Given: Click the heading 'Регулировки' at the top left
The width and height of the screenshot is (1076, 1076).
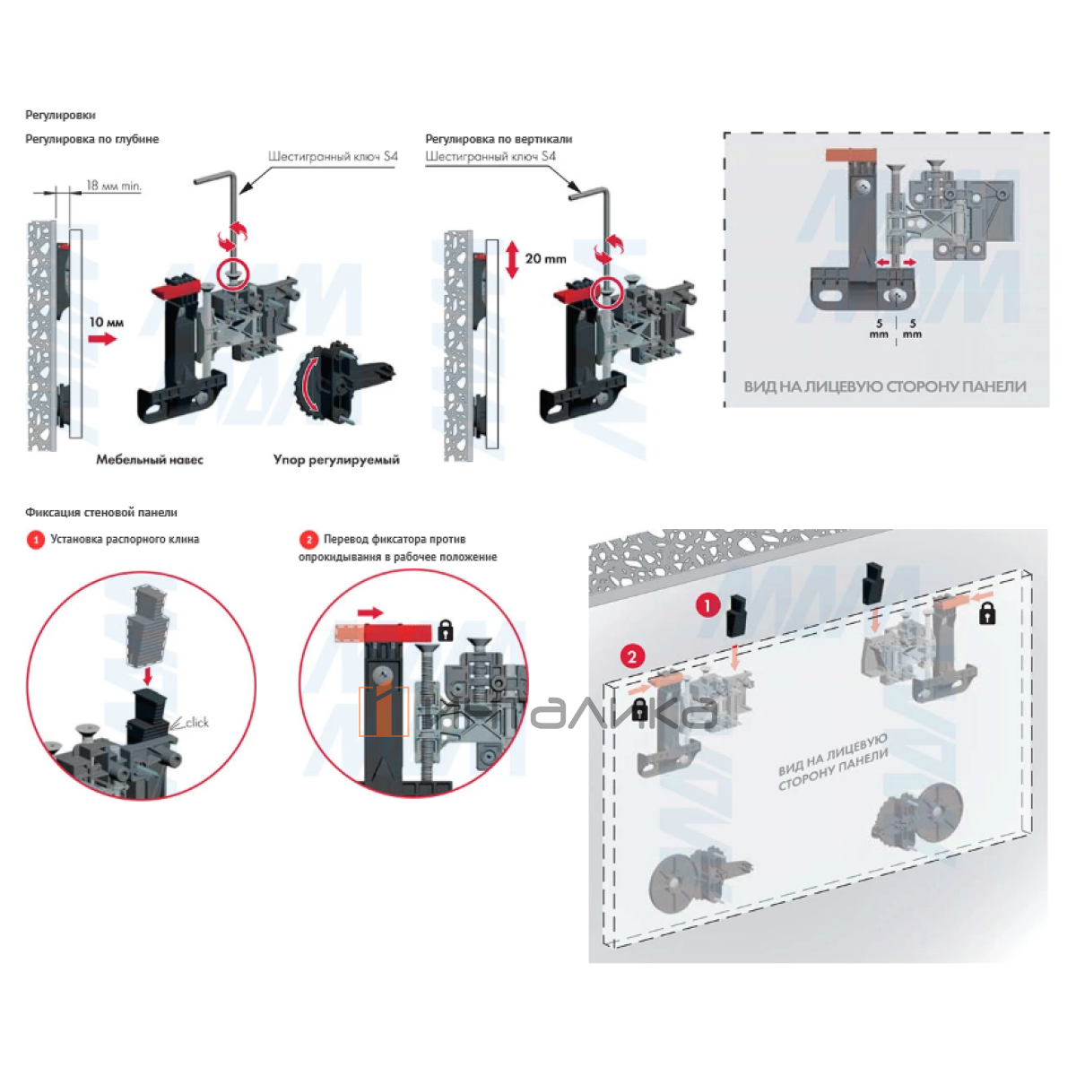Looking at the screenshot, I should coord(60,115).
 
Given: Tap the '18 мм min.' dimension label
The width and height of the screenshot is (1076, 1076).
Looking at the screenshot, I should coord(114,186).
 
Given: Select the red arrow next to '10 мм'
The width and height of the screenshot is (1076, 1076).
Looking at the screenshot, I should coord(103,339).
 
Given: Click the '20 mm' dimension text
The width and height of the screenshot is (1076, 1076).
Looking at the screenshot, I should coord(545,258).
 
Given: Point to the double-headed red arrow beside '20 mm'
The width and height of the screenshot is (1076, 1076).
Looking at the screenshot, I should coord(511,259).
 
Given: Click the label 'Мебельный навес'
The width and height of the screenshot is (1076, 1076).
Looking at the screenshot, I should coord(150,460).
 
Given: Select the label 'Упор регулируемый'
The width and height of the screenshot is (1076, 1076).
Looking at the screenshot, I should coord(336,460).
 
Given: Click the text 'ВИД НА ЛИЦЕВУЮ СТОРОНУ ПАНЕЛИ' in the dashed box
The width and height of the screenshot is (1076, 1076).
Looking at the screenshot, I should coord(885,386).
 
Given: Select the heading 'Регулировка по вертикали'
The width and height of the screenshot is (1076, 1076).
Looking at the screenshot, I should coord(499,139).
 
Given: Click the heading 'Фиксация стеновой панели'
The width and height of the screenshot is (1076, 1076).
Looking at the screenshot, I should coord(101,513).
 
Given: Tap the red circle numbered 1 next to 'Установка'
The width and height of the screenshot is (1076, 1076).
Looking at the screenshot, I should coord(35,540).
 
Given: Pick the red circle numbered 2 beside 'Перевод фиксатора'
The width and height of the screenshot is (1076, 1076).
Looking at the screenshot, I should coord(308,540).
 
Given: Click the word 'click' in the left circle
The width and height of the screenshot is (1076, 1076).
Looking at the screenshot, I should coord(196,723).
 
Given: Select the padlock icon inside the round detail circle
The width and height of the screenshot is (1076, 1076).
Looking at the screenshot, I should coord(445,630).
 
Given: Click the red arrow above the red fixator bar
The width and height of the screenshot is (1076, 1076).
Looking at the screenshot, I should coord(369,612).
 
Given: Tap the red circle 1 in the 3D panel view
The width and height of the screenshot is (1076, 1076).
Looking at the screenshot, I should coord(707,606).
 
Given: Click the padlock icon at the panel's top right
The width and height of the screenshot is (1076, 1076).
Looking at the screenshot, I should coord(987,614).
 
